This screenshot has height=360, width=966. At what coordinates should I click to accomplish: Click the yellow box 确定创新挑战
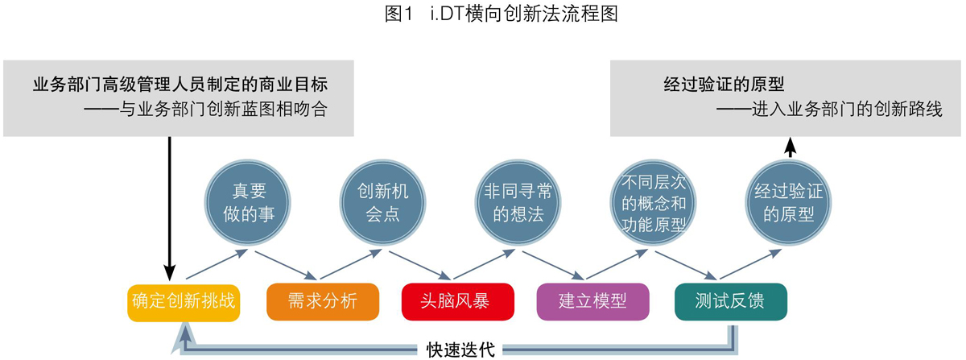coord(184,303)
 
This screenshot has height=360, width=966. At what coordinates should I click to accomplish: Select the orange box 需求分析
coord(323,302)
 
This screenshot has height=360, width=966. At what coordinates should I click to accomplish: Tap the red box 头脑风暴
coord(458,302)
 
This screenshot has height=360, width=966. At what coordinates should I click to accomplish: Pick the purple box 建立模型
coord(593,302)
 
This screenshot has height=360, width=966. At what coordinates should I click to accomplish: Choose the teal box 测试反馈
coord(731,302)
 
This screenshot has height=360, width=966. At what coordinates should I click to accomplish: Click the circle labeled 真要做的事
coord(248,202)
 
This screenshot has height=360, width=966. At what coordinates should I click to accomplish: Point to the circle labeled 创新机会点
coord(383,202)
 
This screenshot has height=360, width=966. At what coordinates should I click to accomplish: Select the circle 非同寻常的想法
coord(518,202)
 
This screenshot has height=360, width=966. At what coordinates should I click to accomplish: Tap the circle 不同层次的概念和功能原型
coord(654,202)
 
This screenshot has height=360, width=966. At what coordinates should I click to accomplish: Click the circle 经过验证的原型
coord(788,202)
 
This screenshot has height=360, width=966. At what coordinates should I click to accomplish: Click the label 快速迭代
coord(460,350)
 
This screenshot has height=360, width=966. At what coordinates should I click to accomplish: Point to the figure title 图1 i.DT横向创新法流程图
coord(501,14)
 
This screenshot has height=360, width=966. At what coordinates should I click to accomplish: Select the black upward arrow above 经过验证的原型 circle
coord(790,147)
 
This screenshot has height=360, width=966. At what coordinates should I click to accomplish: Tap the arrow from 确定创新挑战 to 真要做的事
coord(217,264)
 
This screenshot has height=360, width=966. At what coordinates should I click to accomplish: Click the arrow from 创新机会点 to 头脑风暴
coord(420,266)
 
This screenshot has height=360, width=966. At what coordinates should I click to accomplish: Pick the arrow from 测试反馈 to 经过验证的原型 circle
coord(751,264)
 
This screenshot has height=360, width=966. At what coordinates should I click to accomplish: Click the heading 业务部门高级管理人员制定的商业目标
coord(180,85)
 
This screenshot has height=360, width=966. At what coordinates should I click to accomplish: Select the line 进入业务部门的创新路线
coord(830,110)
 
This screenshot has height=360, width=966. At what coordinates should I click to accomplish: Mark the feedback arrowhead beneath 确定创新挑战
coord(185,339)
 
